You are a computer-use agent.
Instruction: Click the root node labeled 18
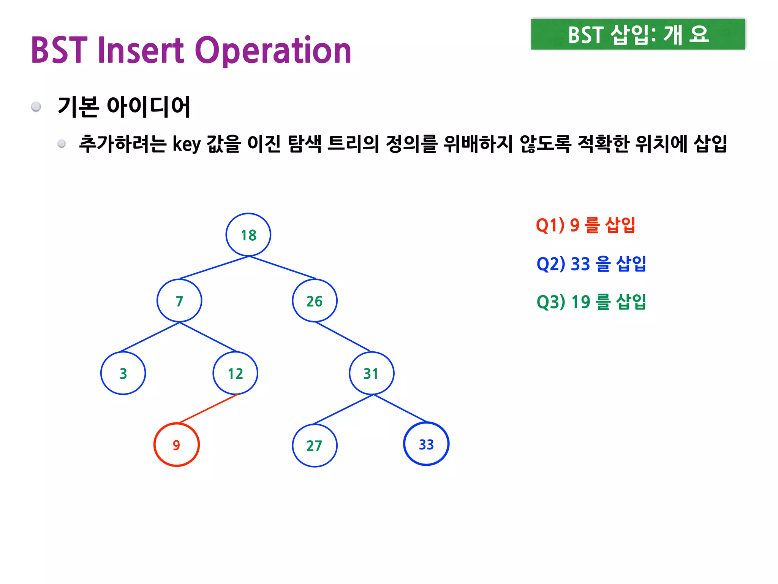tap(248, 235)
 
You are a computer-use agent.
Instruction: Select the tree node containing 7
tap(179, 301)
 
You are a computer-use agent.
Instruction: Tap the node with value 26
tap(315, 301)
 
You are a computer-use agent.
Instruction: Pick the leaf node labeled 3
tap(123, 373)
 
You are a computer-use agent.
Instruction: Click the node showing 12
tap(236, 373)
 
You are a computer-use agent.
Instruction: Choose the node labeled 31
tap(372, 373)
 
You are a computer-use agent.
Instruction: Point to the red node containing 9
tap(177, 444)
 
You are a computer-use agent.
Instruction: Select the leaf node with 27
tap(315, 445)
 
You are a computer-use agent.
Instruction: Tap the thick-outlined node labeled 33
tap(426, 444)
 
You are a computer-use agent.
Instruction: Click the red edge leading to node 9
tap(208, 409)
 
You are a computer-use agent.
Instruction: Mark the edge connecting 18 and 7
tap(214, 268)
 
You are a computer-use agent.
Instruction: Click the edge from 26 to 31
tap(342, 336)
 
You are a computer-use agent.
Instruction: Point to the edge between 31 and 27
tap(343, 409)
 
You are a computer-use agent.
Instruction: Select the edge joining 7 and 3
tap(150, 337)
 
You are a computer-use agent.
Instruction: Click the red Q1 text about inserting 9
tap(585, 225)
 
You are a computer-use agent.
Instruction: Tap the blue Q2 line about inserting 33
tap(591, 263)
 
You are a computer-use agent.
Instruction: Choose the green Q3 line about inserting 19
tap(591, 302)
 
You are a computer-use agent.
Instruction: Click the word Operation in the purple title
tap(273, 50)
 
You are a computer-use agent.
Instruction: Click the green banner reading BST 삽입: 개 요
tap(638, 35)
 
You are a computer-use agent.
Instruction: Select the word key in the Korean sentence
tap(187, 144)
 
